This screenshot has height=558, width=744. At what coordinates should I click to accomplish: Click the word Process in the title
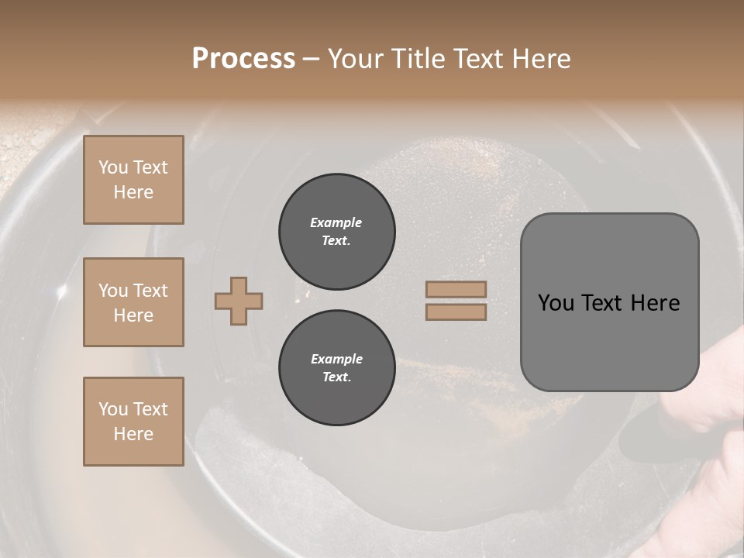coord(243,59)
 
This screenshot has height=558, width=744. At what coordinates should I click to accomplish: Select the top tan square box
coord(133,180)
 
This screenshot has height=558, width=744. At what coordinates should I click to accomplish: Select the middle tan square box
coord(133,302)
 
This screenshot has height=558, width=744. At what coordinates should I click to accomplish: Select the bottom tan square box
coord(133,422)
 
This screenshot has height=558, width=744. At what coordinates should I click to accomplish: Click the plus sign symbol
coord(239,301)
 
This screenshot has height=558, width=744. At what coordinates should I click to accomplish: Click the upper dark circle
coord(336,232)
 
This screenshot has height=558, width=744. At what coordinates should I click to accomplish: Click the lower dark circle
coord(336,368)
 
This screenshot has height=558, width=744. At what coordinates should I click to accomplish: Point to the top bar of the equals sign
coord(456,289)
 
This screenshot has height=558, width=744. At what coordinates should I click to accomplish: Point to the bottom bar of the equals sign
coord(456,312)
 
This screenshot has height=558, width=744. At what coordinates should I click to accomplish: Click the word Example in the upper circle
coord(336,222)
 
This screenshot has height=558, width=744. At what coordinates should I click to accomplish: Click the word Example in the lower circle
coord(336,359)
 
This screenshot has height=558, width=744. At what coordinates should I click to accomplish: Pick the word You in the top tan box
coord(112,167)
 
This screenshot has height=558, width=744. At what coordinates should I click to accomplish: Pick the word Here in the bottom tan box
coord(133,434)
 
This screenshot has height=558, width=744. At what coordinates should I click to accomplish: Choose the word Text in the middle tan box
coord(150,291)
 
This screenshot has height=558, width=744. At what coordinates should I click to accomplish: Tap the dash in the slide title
coord(311,59)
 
